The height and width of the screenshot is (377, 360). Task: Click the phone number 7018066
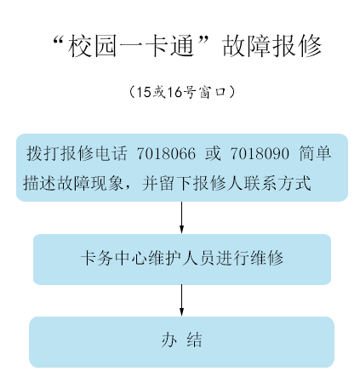pyautogui.click(x=166, y=153)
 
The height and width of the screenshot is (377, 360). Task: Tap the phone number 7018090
pyautogui.click(x=260, y=153)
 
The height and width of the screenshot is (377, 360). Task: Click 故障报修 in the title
pyautogui.click(x=271, y=46)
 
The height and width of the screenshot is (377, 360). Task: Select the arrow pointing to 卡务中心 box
pyautogui.click(x=181, y=218)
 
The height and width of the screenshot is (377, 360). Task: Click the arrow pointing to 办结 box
pyautogui.click(x=181, y=300)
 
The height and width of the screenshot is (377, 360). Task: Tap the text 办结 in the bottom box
pyautogui.click(x=182, y=340)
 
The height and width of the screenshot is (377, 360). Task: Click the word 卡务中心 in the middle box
pyautogui.click(x=114, y=258)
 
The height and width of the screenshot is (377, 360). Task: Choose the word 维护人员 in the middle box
pyautogui.click(x=181, y=258)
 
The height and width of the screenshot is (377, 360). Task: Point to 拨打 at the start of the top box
pyautogui.click(x=43, y=153)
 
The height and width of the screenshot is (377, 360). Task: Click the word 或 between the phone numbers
pyautogui.click(x=213, y=153)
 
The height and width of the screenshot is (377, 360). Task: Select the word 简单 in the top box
pyautogui.click(x=315, y=153)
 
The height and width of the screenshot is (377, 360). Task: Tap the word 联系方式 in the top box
pyautogui.click(x=278, y=183)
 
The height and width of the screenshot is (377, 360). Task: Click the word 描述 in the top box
pyautogui.click(x=39, y=183)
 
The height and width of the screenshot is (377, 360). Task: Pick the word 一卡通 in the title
pyautogui.click(x=157, y=46)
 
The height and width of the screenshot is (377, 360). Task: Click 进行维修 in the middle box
pyautogui.click(x=249, y=258)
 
